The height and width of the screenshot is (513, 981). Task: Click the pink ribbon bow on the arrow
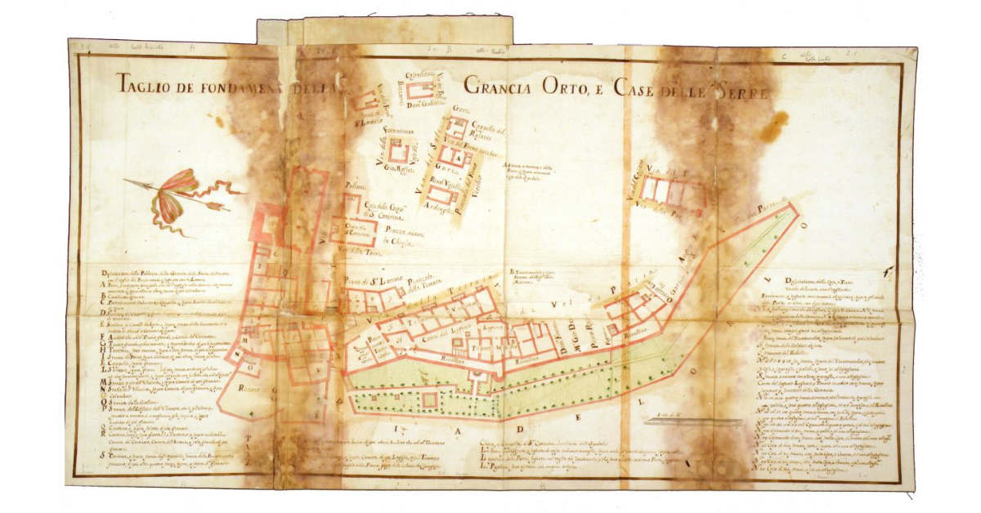173,196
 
